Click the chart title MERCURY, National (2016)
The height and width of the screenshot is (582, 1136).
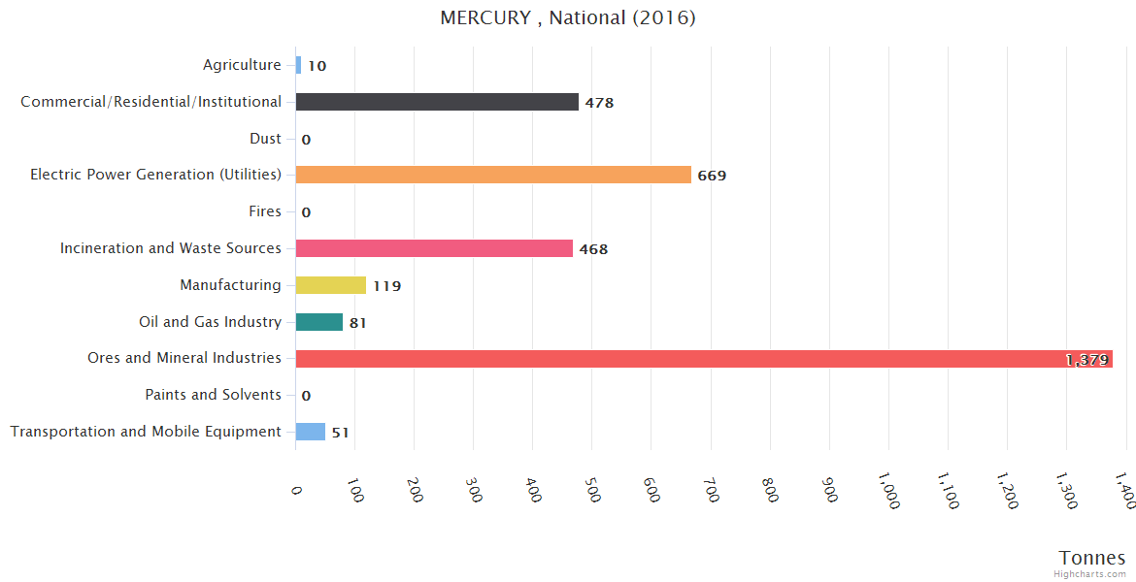pyautogui.click(x=568, y=18)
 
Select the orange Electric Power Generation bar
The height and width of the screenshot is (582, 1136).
pyautogui.click(x=493, y=175)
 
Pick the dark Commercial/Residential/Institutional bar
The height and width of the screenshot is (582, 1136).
pyautogui.click(x=437, y=102)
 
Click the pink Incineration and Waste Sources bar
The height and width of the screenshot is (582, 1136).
pyautogui.click(x=434, y=248)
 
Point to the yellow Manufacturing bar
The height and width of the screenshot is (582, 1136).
pyautogui.click(x=331, y=285)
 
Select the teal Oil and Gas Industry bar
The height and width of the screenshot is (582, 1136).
pyautogui.click(x=319, y=322)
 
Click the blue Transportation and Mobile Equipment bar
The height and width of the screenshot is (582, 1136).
pyautogui.click(x=311, y=432)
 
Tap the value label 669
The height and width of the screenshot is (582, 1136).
pyautogui.click(x=712, y=176)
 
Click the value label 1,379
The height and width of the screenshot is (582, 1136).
pyautogui.click(x=1086, y=360)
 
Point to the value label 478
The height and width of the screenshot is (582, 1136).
pyautogui.click(x=599, y=103)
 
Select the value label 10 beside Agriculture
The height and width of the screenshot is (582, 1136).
pyautogui.click(x=317, y=66)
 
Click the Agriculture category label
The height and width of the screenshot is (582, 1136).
pyautogui.click(x=242, y=65)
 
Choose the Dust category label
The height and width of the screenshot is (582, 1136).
pyautogui.click(x=265, y=139)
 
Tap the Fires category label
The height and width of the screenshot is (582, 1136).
pyautogui.click(x=265, y=211)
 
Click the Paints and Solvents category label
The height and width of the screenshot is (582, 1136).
pyautogui.click(x=213, y=395)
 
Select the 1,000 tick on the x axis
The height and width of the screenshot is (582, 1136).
pyautogui.click(x=889, y=490)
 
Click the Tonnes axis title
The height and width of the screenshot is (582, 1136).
pyautogui.click(x=1092, y=558)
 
